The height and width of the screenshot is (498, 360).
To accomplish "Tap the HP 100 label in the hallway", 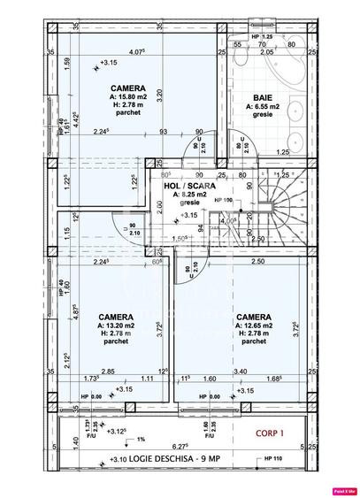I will (223, 201).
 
